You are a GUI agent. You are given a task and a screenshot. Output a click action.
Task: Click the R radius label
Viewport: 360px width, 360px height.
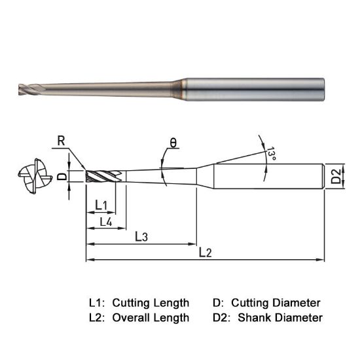click(x=61, y=140)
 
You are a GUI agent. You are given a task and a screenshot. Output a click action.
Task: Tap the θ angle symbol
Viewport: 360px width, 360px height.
click(x=173, y=142)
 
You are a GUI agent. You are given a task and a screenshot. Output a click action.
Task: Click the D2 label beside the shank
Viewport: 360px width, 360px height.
click(x=334, y=176)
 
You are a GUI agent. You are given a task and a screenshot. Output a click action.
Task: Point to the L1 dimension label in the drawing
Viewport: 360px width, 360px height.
click(x=101, y=206)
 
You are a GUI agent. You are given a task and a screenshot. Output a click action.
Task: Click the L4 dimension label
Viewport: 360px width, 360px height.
click(x=105, y=223)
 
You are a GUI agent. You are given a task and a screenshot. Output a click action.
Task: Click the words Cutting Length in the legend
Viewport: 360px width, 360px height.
click(x=151, y=303)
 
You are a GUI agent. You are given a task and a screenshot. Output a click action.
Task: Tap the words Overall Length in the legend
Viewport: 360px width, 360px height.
click(x=151, y=318)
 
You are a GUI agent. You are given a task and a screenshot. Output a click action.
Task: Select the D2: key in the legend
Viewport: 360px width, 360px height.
click(x=223, y=318)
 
